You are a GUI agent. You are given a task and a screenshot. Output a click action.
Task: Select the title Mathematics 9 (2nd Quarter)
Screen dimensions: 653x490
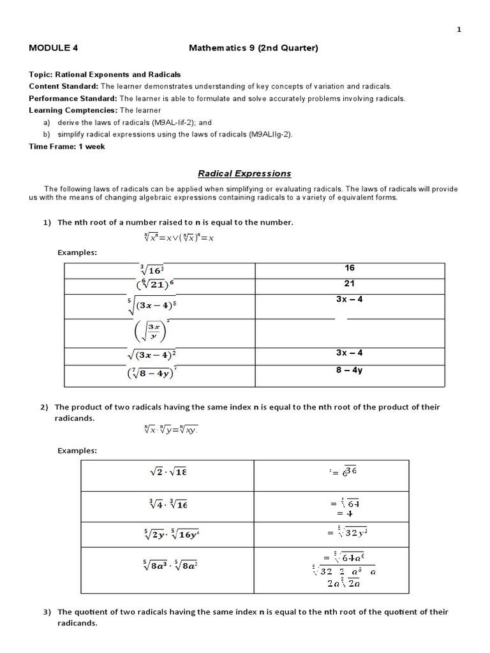coord(253,48)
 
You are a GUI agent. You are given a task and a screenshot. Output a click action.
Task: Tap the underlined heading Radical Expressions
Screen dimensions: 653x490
coord(244,173)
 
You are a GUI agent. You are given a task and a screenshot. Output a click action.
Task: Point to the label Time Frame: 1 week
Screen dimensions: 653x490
coord(67,146)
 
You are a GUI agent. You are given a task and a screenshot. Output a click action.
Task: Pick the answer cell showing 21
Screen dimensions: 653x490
coord(349,284)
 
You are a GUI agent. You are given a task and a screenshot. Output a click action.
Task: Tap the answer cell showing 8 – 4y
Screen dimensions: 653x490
coord(349,370)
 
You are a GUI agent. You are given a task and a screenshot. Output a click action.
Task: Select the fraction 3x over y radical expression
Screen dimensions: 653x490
coord(151,332)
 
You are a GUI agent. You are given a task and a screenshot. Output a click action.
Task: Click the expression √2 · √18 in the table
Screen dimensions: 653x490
coord(167,473)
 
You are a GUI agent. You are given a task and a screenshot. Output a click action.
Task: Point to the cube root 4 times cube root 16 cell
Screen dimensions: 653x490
coord(167,504)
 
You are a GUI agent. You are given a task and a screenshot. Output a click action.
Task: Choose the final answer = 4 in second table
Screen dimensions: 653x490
coord(340,513)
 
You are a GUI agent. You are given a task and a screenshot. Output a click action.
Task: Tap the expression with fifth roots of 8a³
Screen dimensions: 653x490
coord(167,565)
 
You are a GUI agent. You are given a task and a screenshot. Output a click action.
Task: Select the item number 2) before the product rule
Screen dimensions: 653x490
coord(47,407)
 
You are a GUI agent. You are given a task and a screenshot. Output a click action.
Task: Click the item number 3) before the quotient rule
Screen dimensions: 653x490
coord(47,612)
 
